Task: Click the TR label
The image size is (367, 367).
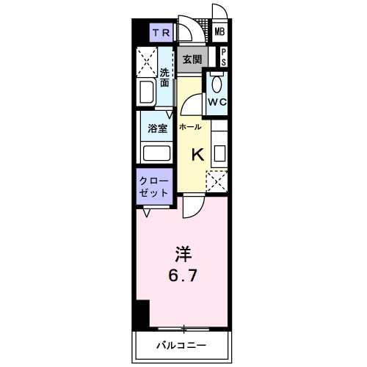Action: tap(162, 32)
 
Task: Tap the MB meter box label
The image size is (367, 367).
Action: tap(219, 32)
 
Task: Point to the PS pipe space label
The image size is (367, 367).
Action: tap(222, 57)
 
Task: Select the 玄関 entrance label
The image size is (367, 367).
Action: tap(192, 58)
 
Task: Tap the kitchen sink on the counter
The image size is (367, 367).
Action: tap(219, 153)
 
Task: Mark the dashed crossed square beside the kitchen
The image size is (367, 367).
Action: tap(217, 181)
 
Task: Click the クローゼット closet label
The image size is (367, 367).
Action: tap(154, 186)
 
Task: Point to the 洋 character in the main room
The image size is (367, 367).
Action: tap(182, 255)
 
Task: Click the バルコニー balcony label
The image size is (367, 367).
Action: tap(181, 344)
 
